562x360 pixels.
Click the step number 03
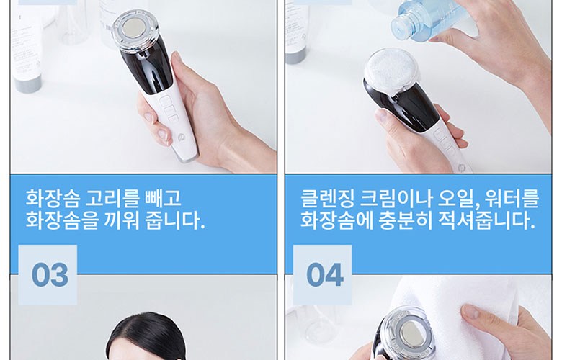tap(50, 275)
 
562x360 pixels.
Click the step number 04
tap(325, 275)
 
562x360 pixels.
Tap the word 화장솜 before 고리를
tap(53, 198)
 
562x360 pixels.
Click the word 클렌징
tap(327, 198)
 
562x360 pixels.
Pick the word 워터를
tap(512, 198)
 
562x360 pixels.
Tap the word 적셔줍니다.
tap(487, 220)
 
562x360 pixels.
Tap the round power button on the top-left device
tap(181, 137)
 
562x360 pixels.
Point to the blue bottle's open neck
tap(398, 26)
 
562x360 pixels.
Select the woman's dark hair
tap(148, 337)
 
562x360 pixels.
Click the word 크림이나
tap(396, 198)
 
